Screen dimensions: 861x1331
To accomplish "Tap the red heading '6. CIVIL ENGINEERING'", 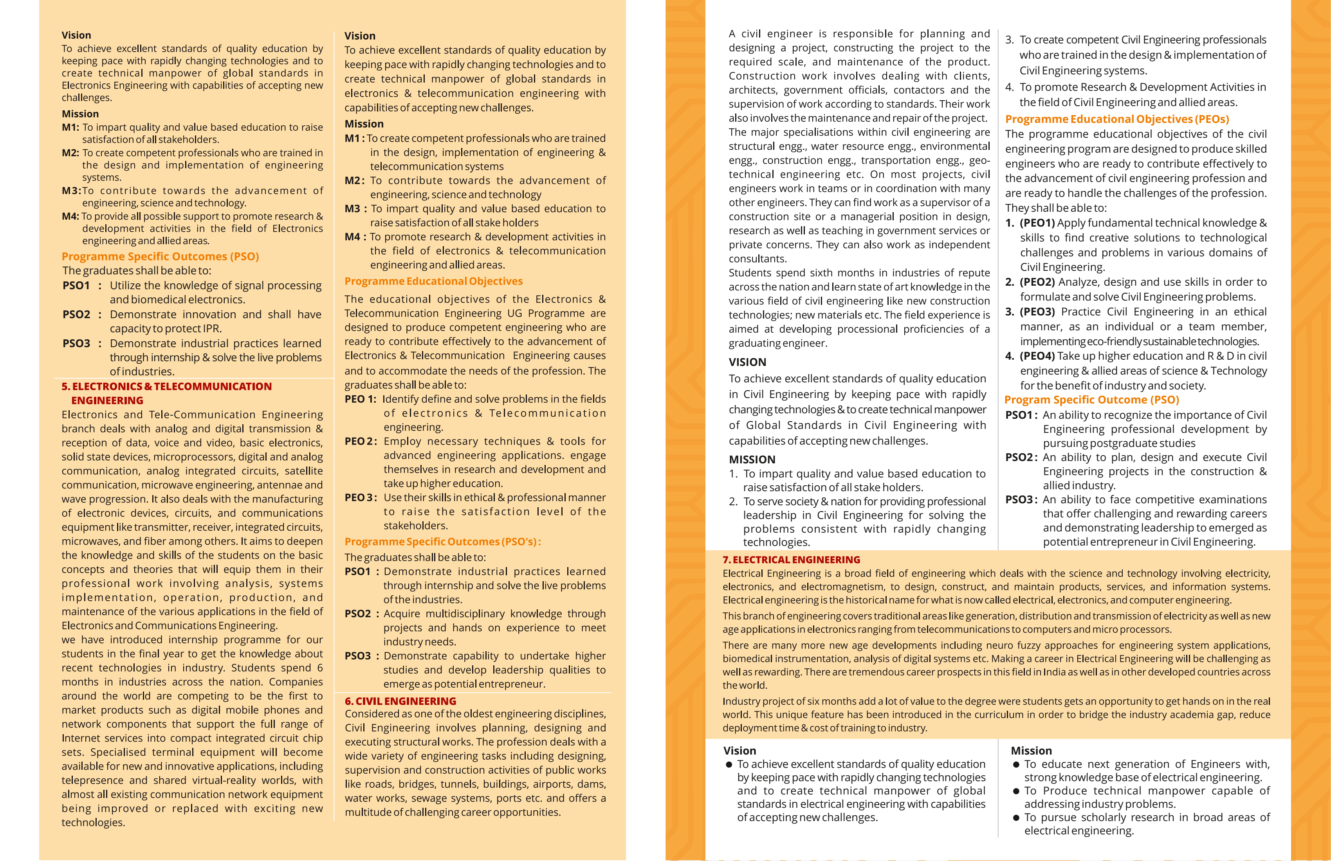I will click(x=400, y=701).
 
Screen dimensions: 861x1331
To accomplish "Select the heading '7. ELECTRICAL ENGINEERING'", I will click(x=791, y=560).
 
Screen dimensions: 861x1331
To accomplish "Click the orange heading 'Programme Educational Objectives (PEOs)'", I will click(x=1117, y=119).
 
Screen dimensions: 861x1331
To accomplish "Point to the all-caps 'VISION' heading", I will click(x=747, y=362).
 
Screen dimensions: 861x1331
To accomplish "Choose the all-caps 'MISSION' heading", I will click(x=752, y=459).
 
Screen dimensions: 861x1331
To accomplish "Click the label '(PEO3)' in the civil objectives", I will click(x=1037, y=312).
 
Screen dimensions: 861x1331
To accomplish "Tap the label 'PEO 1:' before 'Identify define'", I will click(x=361, y=399).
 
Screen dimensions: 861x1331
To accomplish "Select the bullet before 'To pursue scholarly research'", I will click(x=1016, y=818).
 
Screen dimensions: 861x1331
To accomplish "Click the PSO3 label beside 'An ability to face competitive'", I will click(x=1021, y=500).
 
